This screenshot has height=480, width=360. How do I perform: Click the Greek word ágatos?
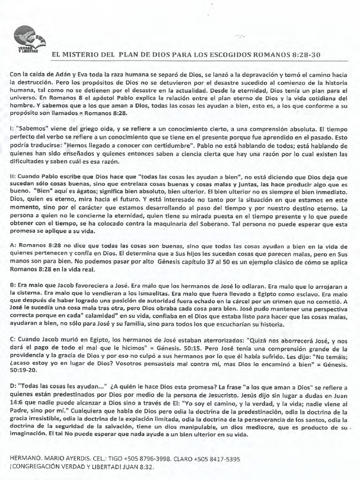(x=76, y=192)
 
